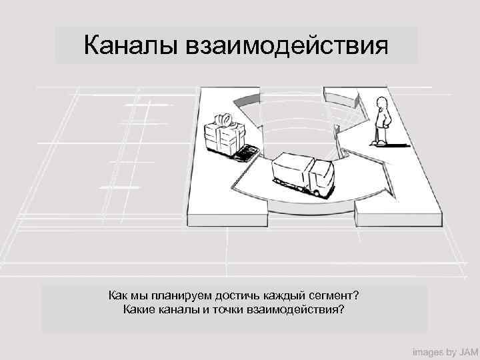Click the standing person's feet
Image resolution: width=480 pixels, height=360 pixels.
tap(381, 142)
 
